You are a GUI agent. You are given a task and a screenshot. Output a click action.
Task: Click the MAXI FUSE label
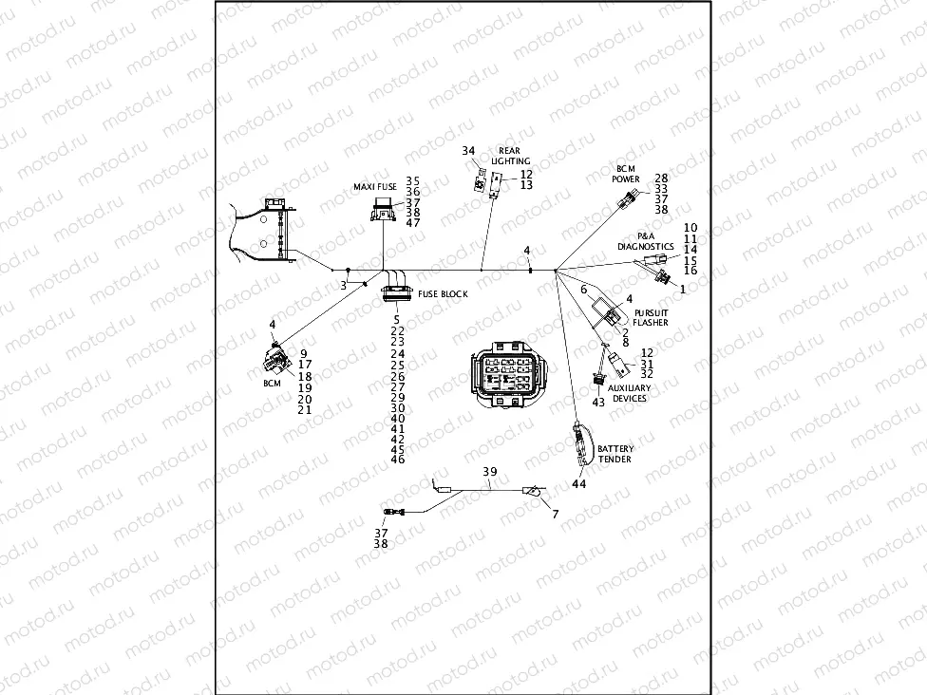click(x=375, y=187)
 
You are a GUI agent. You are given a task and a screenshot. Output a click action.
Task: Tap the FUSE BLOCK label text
click(x=443, y=294)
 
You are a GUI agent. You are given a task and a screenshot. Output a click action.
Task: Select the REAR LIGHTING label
click(x=510, y=157)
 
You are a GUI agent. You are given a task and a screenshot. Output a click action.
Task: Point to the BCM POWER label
click(x=626, y=174)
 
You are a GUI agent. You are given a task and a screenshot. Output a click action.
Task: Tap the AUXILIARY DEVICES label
click(x=629, y=393)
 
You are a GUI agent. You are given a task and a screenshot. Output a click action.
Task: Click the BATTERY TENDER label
click(x=615, y=454)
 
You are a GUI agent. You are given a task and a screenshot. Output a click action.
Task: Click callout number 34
click(x=468, y=151)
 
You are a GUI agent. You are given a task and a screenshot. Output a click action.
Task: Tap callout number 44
click(x=578, y=484)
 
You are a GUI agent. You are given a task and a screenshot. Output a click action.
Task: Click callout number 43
click(x=598, y=402)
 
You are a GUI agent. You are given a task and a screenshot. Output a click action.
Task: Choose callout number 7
click(x=556, y=514)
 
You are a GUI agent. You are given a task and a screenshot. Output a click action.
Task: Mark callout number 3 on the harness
click(x=343, y=285)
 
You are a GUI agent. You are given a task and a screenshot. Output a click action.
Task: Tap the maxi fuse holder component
click(x=384, y=215)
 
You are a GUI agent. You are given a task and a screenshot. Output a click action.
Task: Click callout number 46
click(x=397, y=460)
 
